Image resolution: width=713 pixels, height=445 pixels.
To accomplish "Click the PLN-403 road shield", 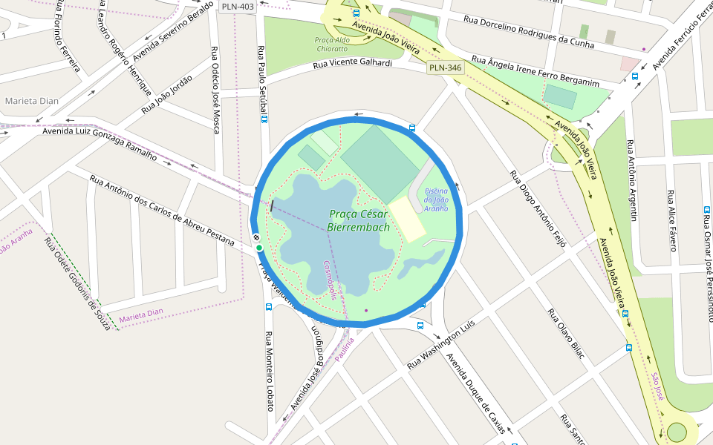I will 238,7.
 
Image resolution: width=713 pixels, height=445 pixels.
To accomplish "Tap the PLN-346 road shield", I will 446,67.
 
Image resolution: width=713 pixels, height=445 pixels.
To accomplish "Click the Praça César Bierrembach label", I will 359,221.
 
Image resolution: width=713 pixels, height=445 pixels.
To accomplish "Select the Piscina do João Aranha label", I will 436,200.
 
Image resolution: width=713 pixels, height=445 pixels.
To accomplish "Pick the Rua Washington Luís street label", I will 440,346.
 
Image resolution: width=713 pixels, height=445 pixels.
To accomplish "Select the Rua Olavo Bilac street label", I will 566,334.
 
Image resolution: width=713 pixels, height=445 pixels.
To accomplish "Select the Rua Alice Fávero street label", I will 673,221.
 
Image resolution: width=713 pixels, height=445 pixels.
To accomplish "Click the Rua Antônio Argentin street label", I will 632,180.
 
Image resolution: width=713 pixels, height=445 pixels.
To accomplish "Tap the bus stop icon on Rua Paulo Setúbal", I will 265,119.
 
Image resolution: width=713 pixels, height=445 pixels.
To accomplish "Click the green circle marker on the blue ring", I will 259,248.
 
